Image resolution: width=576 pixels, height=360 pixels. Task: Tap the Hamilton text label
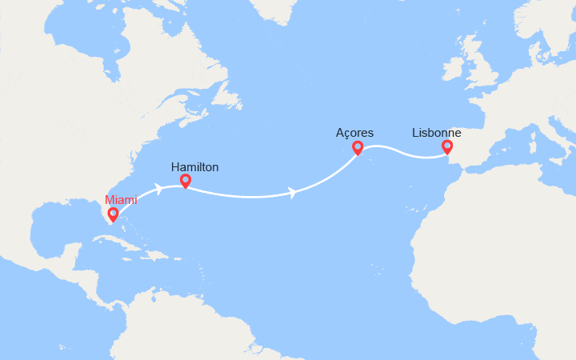point(194,167)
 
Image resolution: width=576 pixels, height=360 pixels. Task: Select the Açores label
point(355,133)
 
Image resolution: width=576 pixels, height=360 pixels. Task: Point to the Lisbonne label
point(436,133)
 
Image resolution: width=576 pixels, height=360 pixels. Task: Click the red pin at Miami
point(113,214)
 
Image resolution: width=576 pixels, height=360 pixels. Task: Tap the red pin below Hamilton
point(186,182)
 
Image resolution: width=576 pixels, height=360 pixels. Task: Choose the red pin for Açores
point(358,148)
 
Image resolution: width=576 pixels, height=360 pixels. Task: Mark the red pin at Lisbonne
point(447,147)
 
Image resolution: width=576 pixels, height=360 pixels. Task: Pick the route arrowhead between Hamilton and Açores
point(295,193)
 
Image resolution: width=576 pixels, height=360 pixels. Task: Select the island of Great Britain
point(481,68)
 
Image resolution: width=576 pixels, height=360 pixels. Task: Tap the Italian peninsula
point(559,133)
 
